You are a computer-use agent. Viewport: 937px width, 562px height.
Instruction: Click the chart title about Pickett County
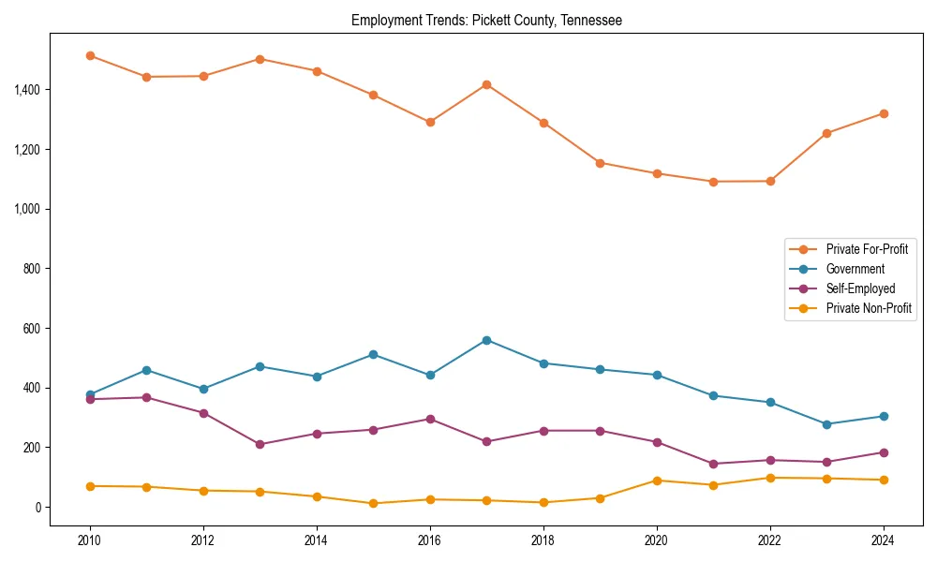[486, 20]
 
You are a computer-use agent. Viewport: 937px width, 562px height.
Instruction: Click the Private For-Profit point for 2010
[90, 56]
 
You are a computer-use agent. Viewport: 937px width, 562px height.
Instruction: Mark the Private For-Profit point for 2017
[486, 84]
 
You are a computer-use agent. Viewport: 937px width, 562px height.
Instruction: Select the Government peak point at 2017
[486, 340]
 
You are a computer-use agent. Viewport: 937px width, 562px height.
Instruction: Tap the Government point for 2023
[826, 424]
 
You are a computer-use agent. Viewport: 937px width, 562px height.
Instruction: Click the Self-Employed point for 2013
[260, 444]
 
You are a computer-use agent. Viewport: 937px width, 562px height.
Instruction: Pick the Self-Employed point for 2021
[713, 464]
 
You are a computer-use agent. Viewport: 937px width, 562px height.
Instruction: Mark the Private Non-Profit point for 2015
[373, 503]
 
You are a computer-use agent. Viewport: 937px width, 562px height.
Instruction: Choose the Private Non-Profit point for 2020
[657, 481]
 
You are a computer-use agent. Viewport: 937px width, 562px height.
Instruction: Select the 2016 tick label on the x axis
[430, 540]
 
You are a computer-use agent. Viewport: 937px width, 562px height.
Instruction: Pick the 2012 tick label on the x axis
[203, 540]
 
